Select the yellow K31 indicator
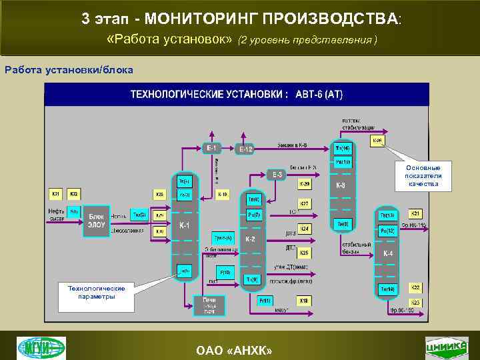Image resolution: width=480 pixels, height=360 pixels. pos(55,194)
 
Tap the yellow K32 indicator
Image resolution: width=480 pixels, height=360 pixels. pos(73,194)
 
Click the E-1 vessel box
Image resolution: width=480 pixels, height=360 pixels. pos(209,147)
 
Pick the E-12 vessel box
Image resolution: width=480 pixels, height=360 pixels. pos(246,149)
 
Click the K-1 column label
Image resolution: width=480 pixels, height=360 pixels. pos(185,225)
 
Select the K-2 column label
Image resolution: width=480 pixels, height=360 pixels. pos(251,238)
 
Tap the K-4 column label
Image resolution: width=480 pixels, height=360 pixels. pos(387,253)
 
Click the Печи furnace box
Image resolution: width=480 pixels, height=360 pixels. pos(209,304)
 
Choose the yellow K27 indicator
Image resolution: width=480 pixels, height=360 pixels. pos(304,203)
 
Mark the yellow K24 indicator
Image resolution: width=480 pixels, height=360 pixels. pos(304,229)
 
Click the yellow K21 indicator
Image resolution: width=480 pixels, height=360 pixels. pos(415,213)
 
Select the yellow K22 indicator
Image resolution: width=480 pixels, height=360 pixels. pos(415,287)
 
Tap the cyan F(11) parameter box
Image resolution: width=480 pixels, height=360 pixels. pos(265,301)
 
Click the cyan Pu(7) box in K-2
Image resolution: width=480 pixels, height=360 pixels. pos(254,215)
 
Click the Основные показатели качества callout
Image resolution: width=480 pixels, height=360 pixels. pos(423,175)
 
